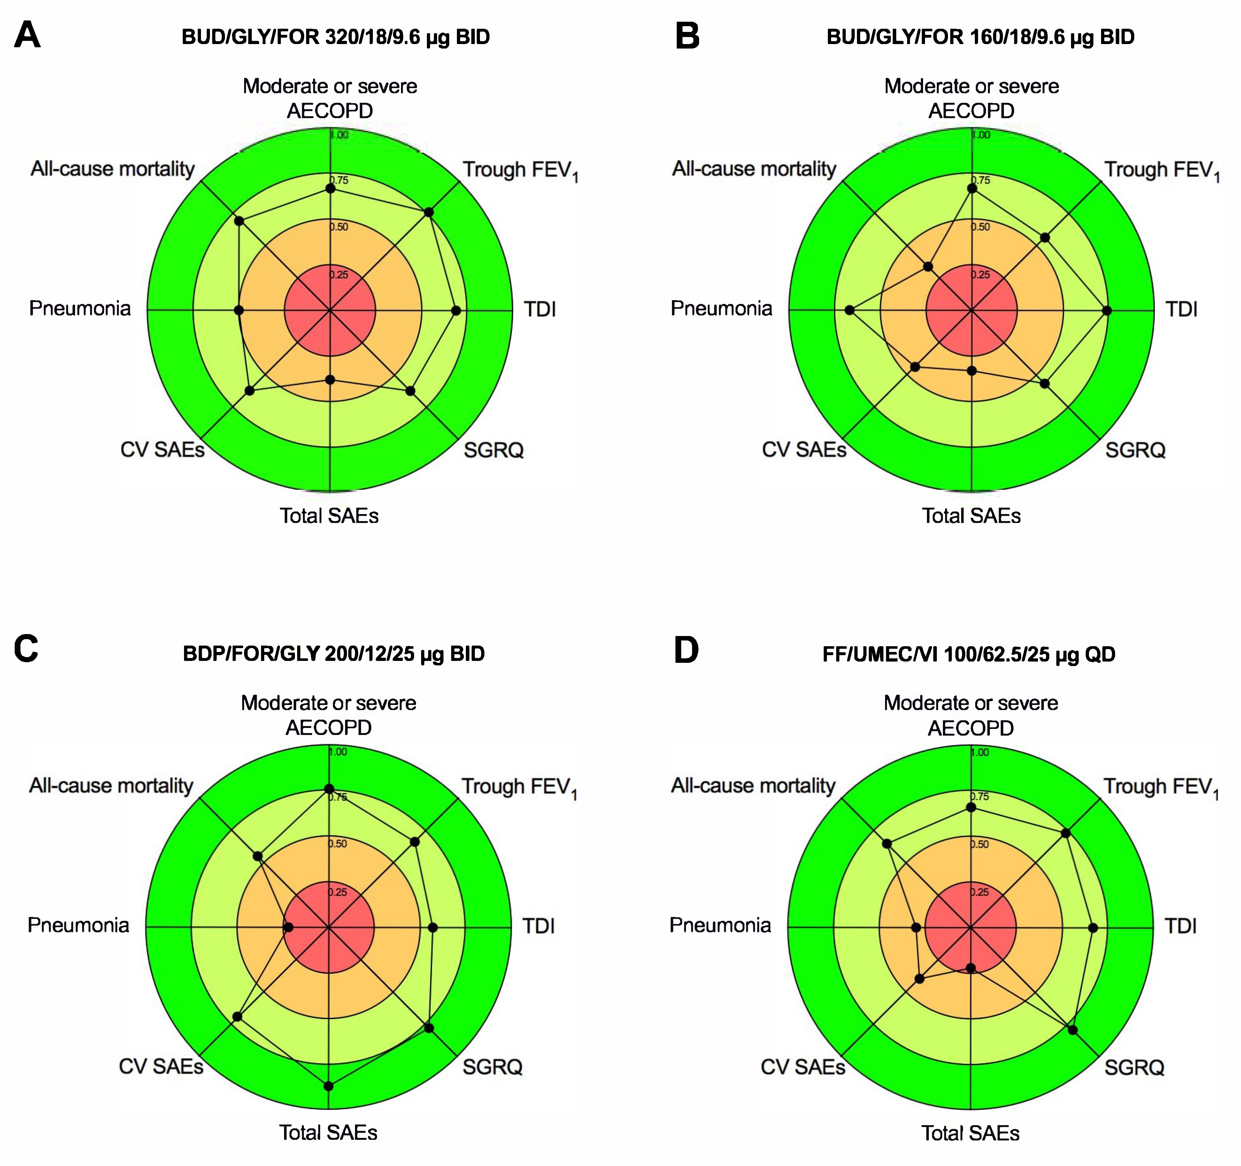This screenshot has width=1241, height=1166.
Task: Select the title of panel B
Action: tap(980, 37)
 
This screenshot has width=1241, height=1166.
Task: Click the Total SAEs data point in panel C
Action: tap(329, 1086)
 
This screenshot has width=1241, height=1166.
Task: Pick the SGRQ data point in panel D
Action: tap(1072, 1030)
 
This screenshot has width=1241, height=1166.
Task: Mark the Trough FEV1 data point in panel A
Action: tap(429, 213)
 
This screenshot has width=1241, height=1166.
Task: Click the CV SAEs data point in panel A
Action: tap(250, 390)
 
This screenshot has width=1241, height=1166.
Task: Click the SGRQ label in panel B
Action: tap(1135, 450)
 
